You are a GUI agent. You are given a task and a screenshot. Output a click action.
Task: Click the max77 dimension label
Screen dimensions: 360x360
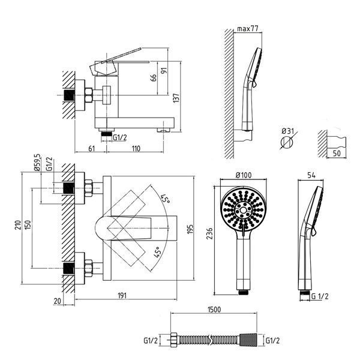pos(248,29)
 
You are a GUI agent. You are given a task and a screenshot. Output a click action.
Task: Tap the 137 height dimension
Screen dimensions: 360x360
pos(176,98)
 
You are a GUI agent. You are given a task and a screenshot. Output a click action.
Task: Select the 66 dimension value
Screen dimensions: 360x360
pos(154,77)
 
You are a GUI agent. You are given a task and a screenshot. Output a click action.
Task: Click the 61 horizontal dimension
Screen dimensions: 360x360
pos(91,149)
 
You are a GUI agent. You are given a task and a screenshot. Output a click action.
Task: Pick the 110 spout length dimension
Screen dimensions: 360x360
pos(136,149)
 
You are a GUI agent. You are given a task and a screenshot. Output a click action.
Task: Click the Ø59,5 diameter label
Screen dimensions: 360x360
pos(37,163)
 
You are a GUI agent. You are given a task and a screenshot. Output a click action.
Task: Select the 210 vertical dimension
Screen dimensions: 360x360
pos(18,225)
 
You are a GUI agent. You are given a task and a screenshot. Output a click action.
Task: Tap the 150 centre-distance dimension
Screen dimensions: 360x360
pos(28,225)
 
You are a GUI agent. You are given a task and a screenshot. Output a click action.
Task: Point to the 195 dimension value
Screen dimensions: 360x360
pos(190,229)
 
